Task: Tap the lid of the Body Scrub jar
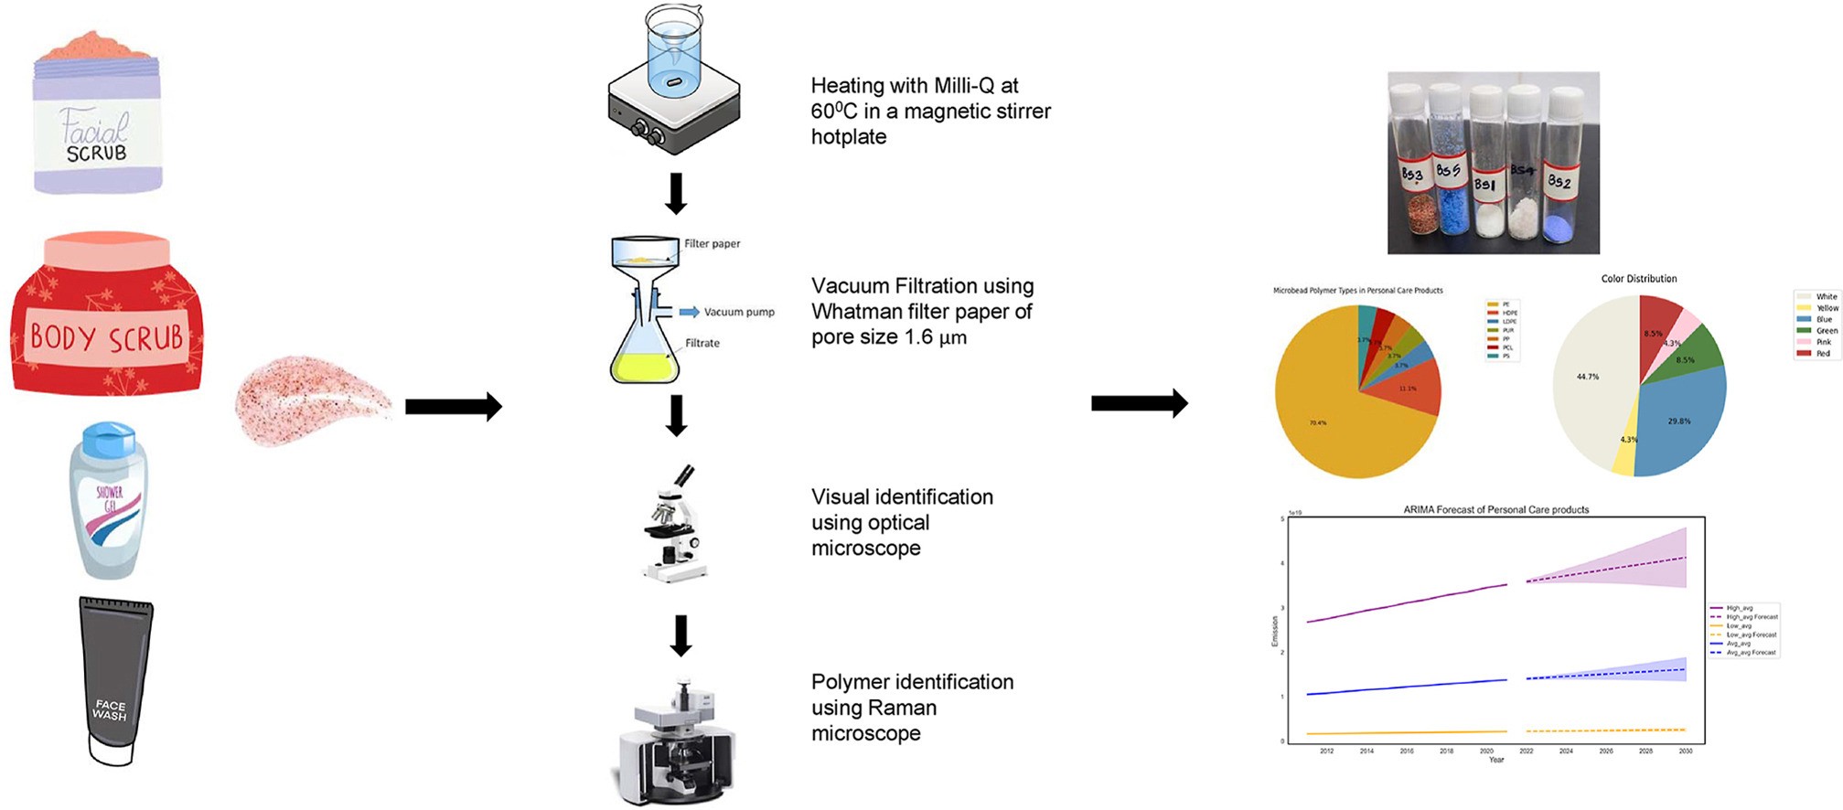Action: pos(107,249)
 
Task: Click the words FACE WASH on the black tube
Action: pos(110,710)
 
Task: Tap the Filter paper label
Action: pos(713,244)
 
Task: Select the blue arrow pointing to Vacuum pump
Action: pos(689,313)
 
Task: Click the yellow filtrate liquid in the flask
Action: pos(645,368)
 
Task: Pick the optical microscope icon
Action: pos(675,526)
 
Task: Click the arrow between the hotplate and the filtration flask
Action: pos(676,193)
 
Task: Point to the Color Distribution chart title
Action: pos(1639,279)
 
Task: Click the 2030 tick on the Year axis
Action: pos(1686,751)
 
